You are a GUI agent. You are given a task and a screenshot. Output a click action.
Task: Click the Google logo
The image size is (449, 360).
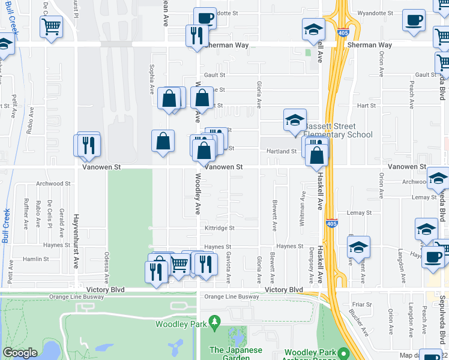20,353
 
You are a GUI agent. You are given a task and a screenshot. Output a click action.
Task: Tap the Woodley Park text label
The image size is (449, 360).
181,325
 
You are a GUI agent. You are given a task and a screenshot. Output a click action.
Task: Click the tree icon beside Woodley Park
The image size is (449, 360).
214,325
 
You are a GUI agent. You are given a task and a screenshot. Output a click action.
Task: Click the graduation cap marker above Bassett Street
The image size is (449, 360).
295,121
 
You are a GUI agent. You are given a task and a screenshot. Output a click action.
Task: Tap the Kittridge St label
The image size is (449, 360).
219,228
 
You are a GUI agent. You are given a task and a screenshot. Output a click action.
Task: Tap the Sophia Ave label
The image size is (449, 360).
152,84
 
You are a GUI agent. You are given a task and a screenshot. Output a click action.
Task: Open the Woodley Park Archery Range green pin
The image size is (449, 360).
343,353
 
